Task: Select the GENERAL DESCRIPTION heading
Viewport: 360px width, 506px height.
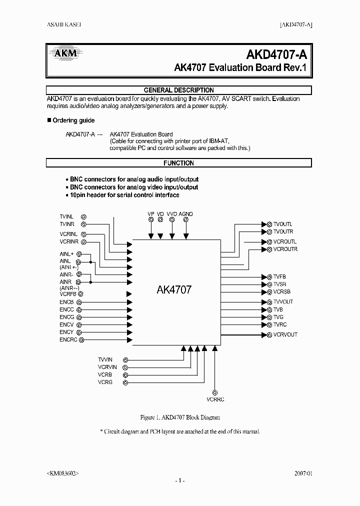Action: click(178, 90)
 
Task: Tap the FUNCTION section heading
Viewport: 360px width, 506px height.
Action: click(178, 163)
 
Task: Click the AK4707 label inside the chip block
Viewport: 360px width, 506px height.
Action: click(174, 289)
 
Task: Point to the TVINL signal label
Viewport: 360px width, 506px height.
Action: click(67, 217)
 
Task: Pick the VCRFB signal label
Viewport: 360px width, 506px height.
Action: click(68, 294)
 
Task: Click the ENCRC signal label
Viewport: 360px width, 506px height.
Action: click(68, 340)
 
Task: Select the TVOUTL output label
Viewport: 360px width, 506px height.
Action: click(283, 224)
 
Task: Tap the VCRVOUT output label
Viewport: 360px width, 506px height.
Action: click(285, 334)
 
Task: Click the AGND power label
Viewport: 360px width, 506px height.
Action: click(185, 214)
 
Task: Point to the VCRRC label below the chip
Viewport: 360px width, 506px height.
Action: click(215, 399)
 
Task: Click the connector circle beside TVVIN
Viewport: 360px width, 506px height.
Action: click(125, 359)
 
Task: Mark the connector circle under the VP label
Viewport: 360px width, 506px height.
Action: click(150, 219)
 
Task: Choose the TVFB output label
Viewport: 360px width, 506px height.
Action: click(279, 276)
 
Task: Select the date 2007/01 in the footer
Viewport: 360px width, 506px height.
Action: click(302, 472)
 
